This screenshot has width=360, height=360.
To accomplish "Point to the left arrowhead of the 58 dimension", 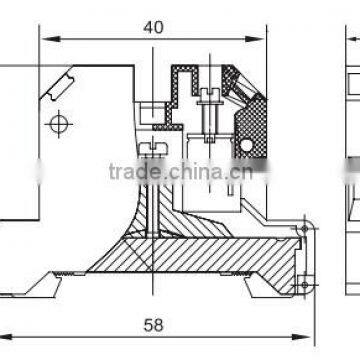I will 4,336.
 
